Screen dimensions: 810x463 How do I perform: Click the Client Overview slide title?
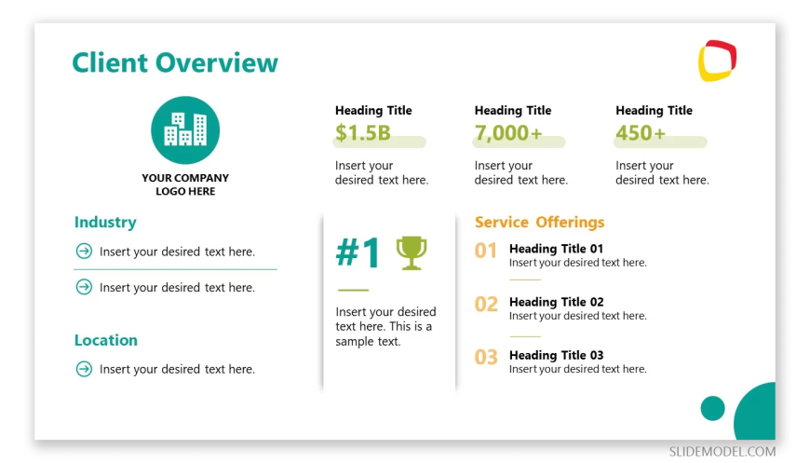pos(175,62)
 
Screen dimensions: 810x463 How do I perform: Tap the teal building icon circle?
pos(185,130)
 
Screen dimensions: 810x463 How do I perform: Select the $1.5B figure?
pos(363,133)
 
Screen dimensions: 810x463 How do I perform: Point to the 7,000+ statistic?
pos(508,133)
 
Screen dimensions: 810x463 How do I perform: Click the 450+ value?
pos(640,133)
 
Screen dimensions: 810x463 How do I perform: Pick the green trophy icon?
pos(412,252)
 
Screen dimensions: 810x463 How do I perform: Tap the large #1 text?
pos(358,252)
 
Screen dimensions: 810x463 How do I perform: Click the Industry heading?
pos(105,222)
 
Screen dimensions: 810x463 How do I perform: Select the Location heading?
pos(106,340)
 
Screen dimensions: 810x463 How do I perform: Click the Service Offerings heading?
pos(539,222)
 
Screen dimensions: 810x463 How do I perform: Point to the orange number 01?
pos(486,251)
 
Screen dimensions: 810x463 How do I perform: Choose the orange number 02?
pos(486,305)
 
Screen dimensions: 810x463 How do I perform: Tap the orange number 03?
pos(486,357)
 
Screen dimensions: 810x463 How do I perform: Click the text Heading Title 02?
pos(557,302)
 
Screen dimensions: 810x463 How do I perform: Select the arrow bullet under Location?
pos(84,369)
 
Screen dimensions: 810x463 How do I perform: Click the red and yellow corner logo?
pos(717,61)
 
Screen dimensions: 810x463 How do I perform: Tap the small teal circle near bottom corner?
pos(713,408)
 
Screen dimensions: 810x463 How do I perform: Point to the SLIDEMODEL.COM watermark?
pos(722,451)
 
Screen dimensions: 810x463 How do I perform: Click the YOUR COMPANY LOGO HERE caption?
pos(185,184)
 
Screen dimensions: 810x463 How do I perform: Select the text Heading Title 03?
pos(557,355)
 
